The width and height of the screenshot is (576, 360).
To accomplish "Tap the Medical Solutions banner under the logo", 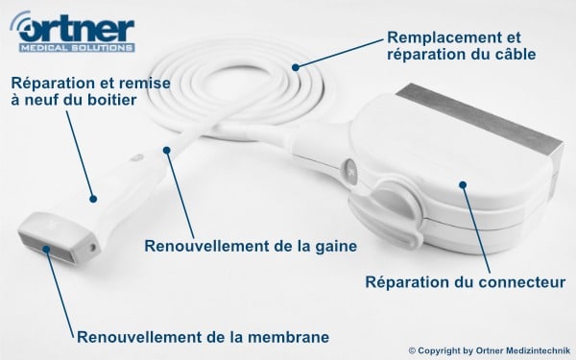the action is click(x=77, y=48).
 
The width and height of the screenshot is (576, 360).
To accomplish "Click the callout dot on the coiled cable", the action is click(x=296, y=67).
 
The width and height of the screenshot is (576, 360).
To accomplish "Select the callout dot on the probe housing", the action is click(x=93, y=199).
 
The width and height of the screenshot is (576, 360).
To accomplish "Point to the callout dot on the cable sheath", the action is click(x=167, y=150).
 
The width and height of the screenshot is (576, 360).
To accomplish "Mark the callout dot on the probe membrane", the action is click(x=46, y=250).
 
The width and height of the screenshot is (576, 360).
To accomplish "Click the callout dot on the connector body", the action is click(x=463, y=184).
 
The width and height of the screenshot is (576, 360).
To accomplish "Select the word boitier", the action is click(x=111, y=100).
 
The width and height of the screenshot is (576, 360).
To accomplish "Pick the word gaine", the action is click(x=336, y=246).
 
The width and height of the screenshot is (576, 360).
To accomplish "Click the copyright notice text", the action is click(x=490, y=350).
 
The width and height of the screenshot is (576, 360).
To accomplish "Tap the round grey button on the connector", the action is click(x=349, y=171).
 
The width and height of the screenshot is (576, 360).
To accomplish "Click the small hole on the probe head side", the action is click(x=92, y=248).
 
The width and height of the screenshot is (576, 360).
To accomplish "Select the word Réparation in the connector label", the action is click(x=407, y=282).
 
